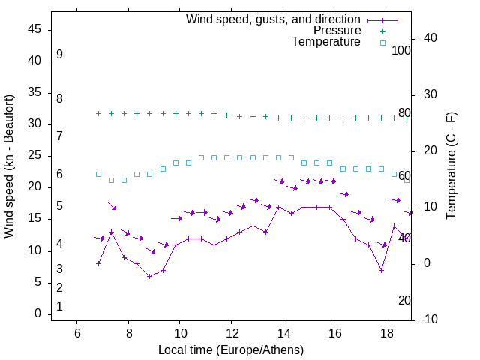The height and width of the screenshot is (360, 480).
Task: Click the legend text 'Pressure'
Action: pyautogui.click(x=337, y=31)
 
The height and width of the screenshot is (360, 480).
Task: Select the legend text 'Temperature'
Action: pyautogui.click(x=326, y=43)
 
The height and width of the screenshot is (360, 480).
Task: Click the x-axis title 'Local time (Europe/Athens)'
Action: pyautogui.click(x=231, y=350)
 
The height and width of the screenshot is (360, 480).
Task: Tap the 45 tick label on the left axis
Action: pyautogui.click(x=35, y=29)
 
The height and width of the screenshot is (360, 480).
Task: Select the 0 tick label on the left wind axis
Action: pyautogui.click(x=38, y=314)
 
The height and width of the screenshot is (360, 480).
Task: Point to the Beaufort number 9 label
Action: pyautogui.click(x=59, y=55)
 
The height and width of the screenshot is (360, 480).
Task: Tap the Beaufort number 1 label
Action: pyautogui.click(x=59, y=306)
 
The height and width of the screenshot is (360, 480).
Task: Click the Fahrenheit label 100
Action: pyautogui.click(x=401, y=51)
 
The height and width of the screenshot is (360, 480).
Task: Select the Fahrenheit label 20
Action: pyautogui.click(x=404, y=301)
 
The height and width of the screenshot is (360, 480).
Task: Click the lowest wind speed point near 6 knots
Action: pyautogui.click(x=150, y=276)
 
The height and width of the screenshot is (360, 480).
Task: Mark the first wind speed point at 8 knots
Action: pyautogui.click(x=98, y=263)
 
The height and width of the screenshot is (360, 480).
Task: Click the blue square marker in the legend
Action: pyautogui.click(x=382, y=43)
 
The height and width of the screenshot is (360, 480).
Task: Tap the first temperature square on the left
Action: pyautogui.click(x=98, y=174)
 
